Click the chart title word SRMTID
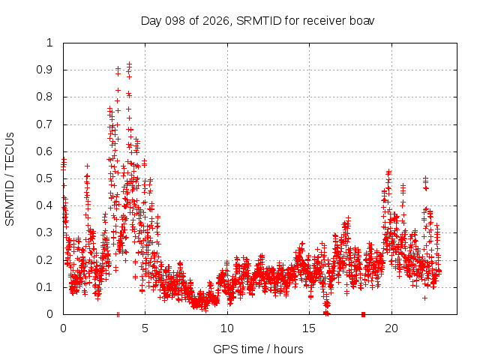pyautogui.click(x=259, y=21)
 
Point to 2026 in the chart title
pyautogui.click(x=216, y=21)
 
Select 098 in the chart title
pyautogui.click(x=175, y=21)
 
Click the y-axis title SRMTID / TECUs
pyautogui.click(x=10, y=179)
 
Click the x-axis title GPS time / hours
pyautogui.click(x=258, y=349)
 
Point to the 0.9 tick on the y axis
pyautogui.click(x=45, y=70)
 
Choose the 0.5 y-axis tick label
pyautogui.click(x=45, y=178)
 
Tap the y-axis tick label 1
pyautogui.click(x=49, y=43)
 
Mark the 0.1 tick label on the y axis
pyautogui.click(x=45, y=287)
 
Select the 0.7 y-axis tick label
pyautogui.click(x=45, y=124)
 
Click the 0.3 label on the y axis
pyautogui.click(x=45, y=232)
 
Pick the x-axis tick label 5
pyautogui.click(x=145, y=328)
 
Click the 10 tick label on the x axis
pyautogui.click(x=227, y=328)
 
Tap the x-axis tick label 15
pyautogui.click(x=309, y=328)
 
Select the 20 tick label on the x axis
pyautogui.click(x=391, y=328)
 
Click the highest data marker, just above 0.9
pyautogui.click(x=130, y=64)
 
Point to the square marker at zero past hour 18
pyautogui.click(x=363, y=314)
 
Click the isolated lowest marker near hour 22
pyautogui.click(x=424, y=298)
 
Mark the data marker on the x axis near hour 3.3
pyautogui.click(x=118, y=314)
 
